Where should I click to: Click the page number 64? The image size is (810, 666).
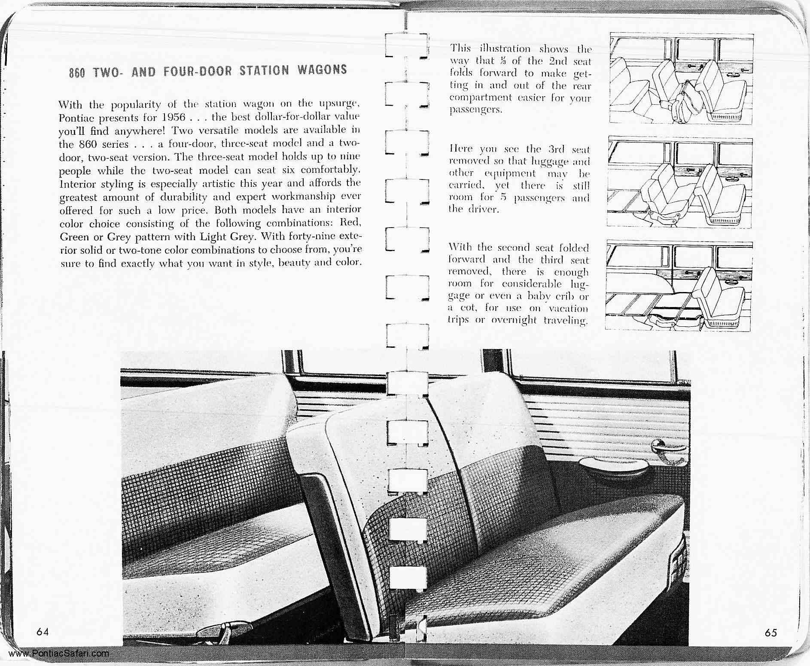click(x=43, y=632)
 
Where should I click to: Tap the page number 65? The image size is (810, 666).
click(x=771, y=633)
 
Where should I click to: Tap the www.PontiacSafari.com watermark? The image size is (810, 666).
click(x=59, y=654)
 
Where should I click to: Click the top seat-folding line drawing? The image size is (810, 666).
click(x=681, y=79)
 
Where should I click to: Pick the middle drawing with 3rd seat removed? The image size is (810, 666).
click(x=679, y=182)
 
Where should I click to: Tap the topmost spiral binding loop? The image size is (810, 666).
click(x=407, y=45)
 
